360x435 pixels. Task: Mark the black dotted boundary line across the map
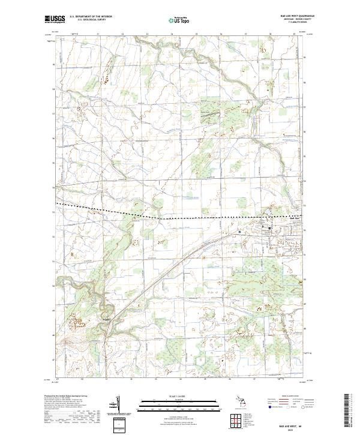(x=180, y=217)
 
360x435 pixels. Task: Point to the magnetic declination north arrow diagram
(x=119, y=403)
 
